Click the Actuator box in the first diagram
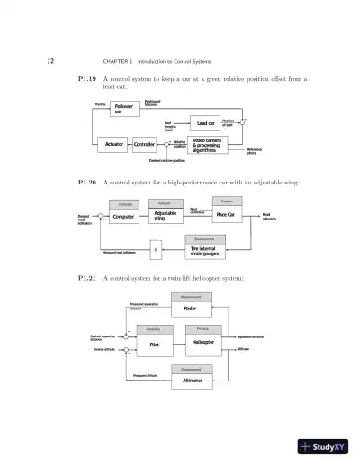tap(114, 144)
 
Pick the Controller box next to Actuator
tap(144, 144)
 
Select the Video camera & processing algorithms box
tap(213, 144)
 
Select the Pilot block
tap(154, 343)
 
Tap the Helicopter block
tap(202, 343)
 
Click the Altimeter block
tap(192, 380)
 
